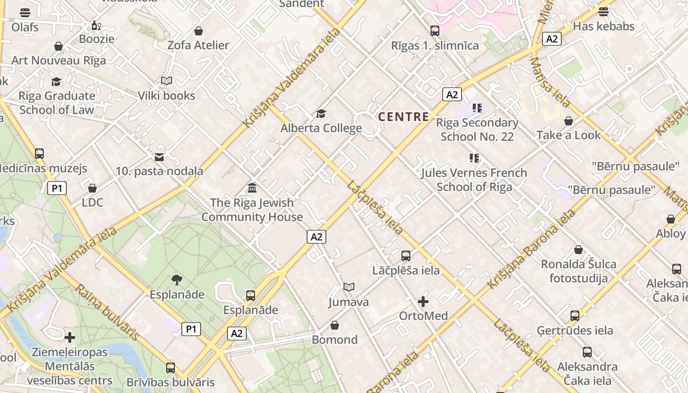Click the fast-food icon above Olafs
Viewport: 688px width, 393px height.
point(25,12)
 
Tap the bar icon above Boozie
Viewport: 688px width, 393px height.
point(96,25)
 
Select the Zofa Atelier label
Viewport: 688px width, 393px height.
point(198,45)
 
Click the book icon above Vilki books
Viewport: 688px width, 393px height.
point(167,81)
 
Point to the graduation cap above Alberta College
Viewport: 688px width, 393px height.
point(321,114)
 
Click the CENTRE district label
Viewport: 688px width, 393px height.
point(403,117)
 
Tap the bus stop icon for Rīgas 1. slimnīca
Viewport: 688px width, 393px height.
point(434,31)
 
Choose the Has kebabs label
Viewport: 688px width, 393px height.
point(603,27)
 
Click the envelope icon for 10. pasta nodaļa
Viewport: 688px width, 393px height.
point(159,157)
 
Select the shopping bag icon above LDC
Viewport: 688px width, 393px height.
point(92,188)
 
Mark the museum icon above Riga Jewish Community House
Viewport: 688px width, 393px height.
point(252,188)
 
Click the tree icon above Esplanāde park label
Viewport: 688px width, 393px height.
point(177,280)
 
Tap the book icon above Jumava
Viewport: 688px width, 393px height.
point(348,287)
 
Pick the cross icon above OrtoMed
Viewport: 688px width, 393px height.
point(423,301)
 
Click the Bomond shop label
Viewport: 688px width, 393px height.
point(335,340)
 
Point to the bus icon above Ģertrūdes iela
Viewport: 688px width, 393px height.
point(575,315)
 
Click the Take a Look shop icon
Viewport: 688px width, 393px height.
point(569,121)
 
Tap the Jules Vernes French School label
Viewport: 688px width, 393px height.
point(474,180)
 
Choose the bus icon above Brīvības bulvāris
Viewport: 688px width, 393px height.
point(170,367)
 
